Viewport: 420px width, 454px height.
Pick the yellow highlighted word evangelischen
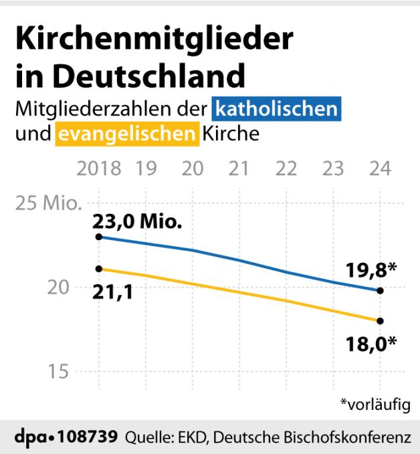coord(126,134)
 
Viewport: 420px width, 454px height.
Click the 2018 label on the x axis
coord(99,168)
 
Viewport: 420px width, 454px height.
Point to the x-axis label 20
coord(193,168)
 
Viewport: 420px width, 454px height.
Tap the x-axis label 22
coord(286,168)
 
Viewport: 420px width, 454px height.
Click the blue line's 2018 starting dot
coord(99,237)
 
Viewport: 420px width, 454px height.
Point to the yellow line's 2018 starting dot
coord(99,269)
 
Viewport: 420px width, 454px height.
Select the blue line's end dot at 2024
coord(380,290)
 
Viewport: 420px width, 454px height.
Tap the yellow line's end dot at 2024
coord(380,321)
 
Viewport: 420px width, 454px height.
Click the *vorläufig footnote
coord(375,404)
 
